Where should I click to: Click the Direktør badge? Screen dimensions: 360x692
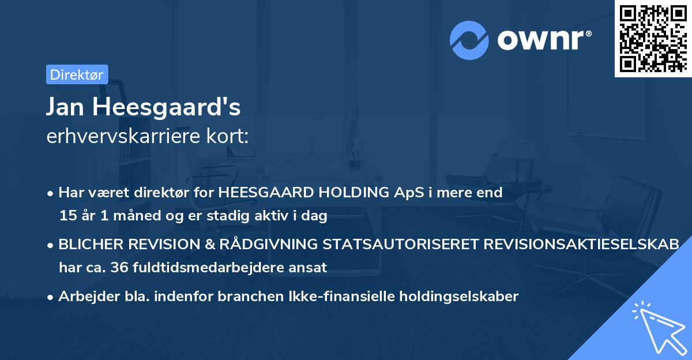77,74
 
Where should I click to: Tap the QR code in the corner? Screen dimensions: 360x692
652,38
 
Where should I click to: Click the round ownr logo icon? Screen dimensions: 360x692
469,40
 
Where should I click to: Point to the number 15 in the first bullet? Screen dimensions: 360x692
67,216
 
